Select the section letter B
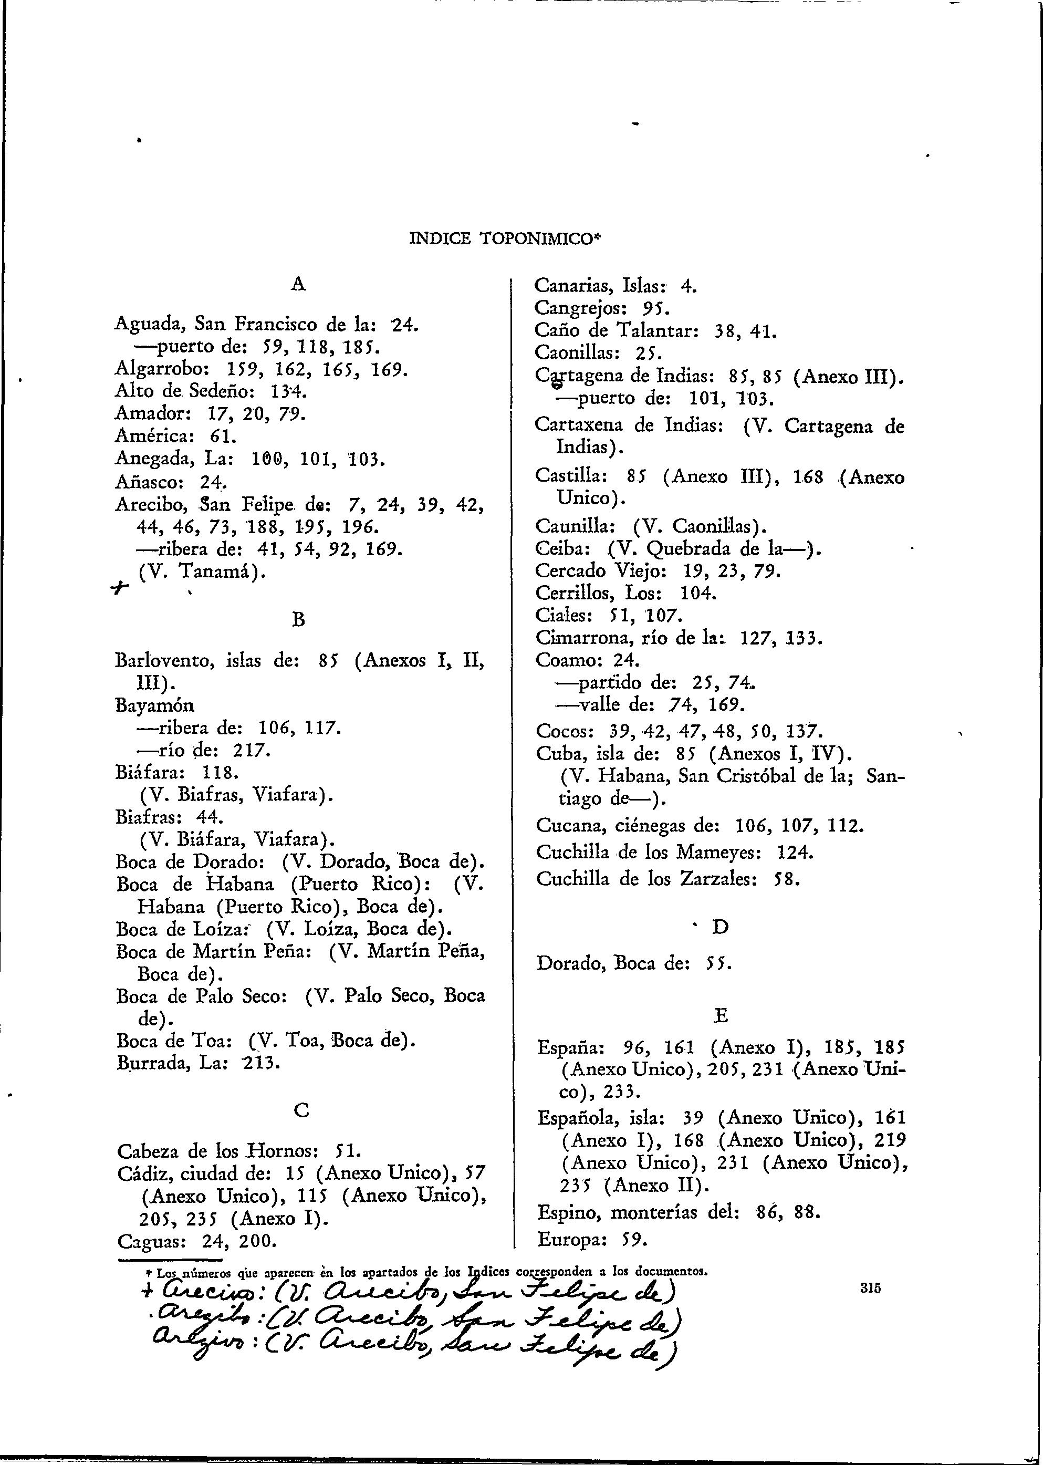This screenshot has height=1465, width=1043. pyautogui.click(x=298, y=619)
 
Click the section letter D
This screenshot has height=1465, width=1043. pyautogui.click(x=721, y=927)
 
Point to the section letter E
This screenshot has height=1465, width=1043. pyautogui.click(x=721, y=1015)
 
